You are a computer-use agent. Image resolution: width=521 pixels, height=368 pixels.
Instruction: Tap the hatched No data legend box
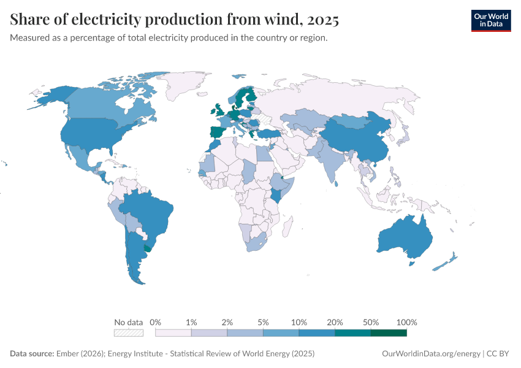click(129, 332)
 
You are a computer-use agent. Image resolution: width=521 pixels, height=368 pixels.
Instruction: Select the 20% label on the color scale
click(335, 322)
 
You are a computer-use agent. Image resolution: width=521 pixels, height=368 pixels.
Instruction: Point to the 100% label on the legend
click(406, 322)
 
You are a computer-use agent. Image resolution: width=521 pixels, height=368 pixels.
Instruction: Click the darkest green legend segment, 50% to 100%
click(389, 332)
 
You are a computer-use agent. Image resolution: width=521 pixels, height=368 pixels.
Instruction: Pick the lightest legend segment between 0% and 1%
click(173, 332)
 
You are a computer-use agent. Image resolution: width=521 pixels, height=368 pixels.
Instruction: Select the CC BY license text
click(500, 354)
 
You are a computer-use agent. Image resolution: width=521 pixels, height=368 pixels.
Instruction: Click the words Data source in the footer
click(32, 354)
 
